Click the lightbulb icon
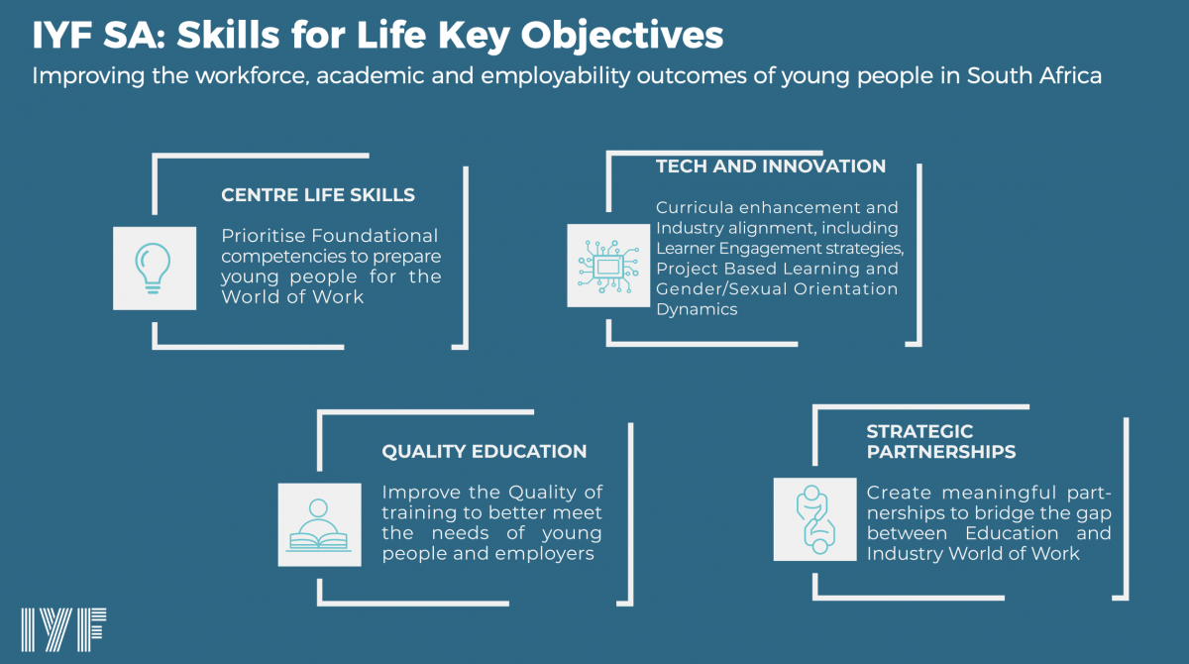coord(153,268)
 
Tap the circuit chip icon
coord(608,266)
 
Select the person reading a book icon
coord(318,525)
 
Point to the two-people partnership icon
coord(815,519)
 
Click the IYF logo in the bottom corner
coord(63,629)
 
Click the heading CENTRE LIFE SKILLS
coord(318,195)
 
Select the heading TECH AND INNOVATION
coord(771,166)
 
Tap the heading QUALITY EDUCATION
coord(485,451)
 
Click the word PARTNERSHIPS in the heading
coord(941,452)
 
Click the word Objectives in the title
coord(621,36)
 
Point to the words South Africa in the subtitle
coord(1034,75)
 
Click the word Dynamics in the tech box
coord(697,309)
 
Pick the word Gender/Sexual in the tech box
coord(721,288)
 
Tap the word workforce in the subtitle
coord(253,75)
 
